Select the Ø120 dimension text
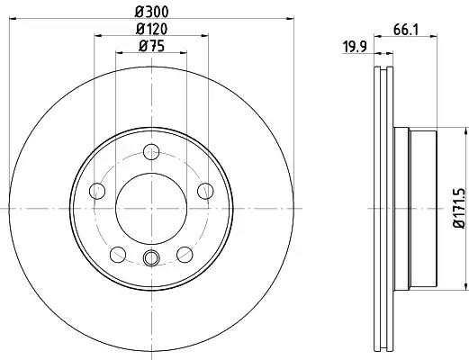click(151, 28)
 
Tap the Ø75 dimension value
click(151, 47)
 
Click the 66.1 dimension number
click(403, 30)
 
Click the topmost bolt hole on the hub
click(151, 150)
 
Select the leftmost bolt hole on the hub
click(97, 190)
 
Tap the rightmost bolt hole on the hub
click(205, 190)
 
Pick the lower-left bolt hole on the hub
click(118, 253)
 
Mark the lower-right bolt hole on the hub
click(185, 253)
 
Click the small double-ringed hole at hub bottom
click(151, 259)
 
